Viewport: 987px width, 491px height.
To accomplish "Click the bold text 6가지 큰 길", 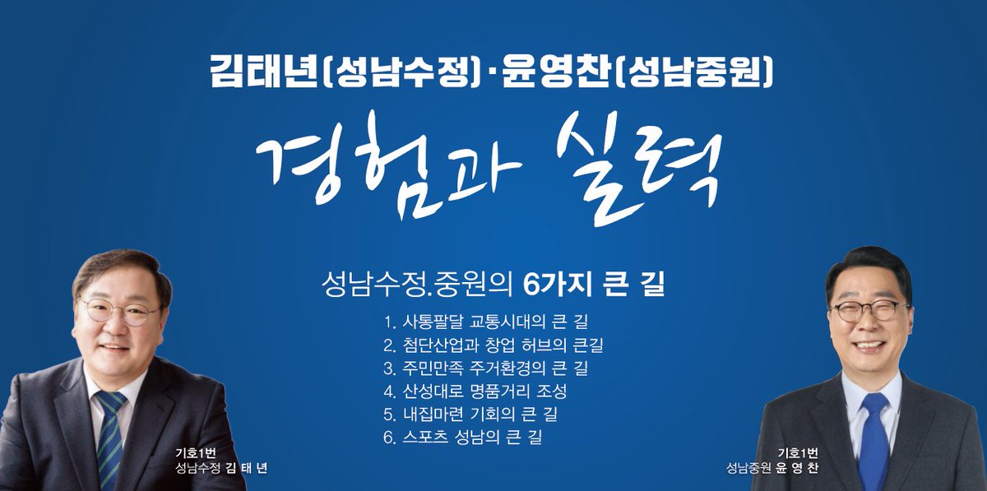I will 592,287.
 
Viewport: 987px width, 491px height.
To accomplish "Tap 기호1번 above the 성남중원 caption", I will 797,452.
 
